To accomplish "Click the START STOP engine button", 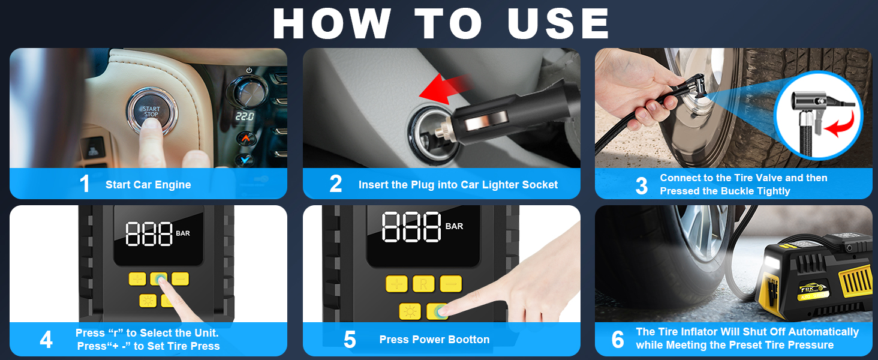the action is pos(151,111).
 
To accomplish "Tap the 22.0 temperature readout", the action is pos(245,116).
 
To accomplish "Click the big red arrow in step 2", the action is pos(445,89).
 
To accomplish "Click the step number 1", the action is pos(85,184).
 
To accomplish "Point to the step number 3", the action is pos(641,185).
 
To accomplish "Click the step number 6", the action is pos(618,340).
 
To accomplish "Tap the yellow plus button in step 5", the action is pos(396,284).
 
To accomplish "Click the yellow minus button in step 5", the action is pos(451,284).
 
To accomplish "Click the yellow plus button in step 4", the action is pos(137,279).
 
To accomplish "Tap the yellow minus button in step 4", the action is pos(180,279).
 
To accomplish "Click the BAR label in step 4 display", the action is pos(183,233).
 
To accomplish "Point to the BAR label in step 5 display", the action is pos(454,226).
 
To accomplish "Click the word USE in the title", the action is pos(558,23).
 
